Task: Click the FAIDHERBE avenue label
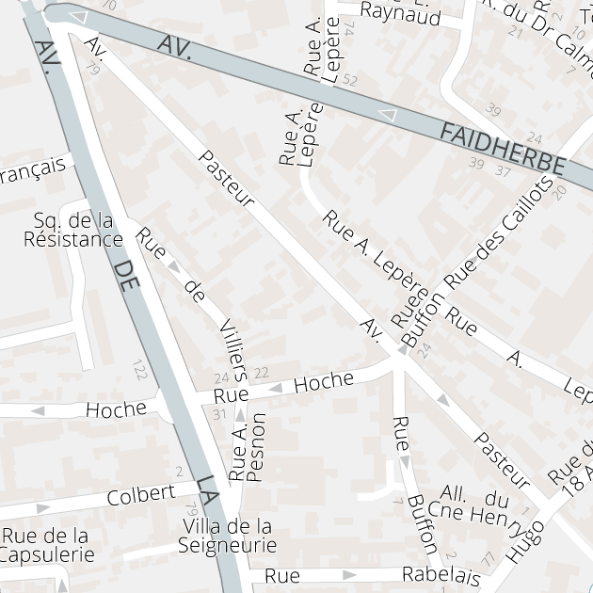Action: [503, 150]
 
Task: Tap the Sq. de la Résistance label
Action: [73, 230]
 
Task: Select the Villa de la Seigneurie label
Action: [228, 536]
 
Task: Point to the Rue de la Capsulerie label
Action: [46, 545]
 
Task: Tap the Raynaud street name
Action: [401, 15]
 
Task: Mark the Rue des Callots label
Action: [499, 232]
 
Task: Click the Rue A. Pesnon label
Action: [249, 448]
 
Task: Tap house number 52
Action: [351, 81]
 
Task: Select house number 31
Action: [220, 414]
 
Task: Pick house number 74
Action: [349, 29]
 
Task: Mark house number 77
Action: [488, 559]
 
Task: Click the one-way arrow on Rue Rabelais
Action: [350, 574]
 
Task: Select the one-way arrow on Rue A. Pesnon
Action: [240, 414]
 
